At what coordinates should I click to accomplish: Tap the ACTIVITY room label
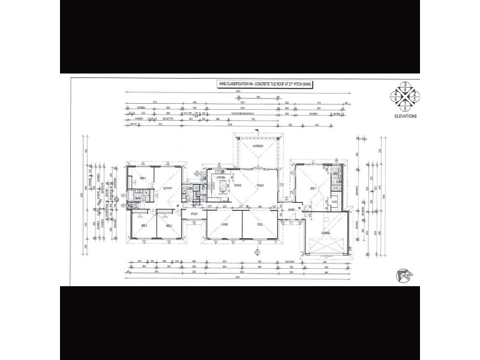(167, 189)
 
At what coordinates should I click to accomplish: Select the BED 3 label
(144, 226)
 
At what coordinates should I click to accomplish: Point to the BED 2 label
(169, 226)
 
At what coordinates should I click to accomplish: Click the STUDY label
(194, 214)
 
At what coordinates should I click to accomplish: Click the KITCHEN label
(220, 178)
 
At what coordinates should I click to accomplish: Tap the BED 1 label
(313, 188)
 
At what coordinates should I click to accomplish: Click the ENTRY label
(292, 210)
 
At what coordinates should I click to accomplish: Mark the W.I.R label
(334, 202)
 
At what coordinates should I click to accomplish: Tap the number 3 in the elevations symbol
(406, 84)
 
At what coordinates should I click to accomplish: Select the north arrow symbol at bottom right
(406, 274)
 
